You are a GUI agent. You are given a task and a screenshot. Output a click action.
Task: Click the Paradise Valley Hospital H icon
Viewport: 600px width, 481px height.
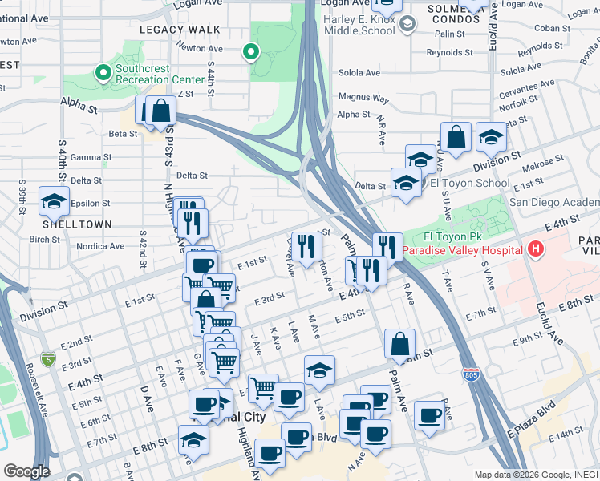(535, 250)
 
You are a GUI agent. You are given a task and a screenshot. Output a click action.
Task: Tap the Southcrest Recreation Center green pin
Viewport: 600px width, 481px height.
(103, 74)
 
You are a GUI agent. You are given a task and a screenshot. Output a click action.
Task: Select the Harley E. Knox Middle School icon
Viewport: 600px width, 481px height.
(407, 24)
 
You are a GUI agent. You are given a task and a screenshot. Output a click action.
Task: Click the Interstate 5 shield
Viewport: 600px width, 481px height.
(48, 354)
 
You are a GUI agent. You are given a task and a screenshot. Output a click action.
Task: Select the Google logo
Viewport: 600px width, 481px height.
(26, 471)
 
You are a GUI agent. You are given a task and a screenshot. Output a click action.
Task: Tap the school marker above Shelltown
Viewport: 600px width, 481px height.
(54, 200)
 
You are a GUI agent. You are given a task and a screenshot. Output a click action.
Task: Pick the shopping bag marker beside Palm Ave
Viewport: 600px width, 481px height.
(399, 344)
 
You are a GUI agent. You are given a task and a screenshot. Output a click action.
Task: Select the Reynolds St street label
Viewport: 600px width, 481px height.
(445, 53)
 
